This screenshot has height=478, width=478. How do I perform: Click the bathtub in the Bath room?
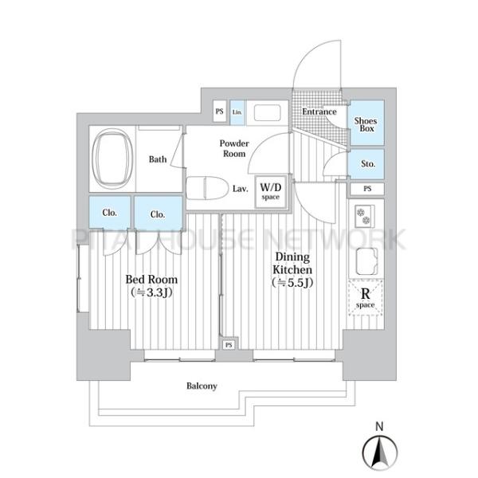pyautogui.click(x=112, y=159)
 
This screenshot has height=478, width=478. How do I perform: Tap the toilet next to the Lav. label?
pyautogui.click(x=207, y=188)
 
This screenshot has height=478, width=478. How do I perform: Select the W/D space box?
pyautogui.click(x=271, y=192)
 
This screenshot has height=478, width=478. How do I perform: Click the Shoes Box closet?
pyautogui.click(x=366, y=123)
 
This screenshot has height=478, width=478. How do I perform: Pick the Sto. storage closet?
pyautogui.click(x=366, y=163)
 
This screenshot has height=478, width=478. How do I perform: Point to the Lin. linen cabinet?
pyautogui.click(x=237, y=112)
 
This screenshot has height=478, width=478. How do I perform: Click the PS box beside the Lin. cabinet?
pyautogui.click(x=220, y=112)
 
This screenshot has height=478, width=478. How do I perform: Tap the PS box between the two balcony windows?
pyautogui.click(x=229, y=345)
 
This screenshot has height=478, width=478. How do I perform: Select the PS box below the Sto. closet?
pyautogui.click(x=367, y=189)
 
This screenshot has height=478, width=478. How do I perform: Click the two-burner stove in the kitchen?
pyautogui.click(x=365, y=216)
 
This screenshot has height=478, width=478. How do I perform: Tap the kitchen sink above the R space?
pyautogui.click(x=366, y=262)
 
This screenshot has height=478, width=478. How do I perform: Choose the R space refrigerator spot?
pyautogui.click(x=365, y=297)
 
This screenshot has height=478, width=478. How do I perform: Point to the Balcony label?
pyautogui.click(x=202, y=386)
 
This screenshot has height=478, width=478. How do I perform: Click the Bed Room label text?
pyautogui.click(x=151, y=280)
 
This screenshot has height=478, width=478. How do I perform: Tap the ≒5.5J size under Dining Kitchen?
pyautogui.click(x=292, y=283)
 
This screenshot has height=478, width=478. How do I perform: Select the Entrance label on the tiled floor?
pyautogui.click(x=319, y=112)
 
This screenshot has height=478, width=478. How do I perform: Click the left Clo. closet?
pyautogui.click(x=110, y=212)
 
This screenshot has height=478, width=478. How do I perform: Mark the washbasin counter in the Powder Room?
pyautogui.click(x=267, y=113)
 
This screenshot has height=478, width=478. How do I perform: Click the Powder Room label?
pyautogui.click(x=234, y=148)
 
